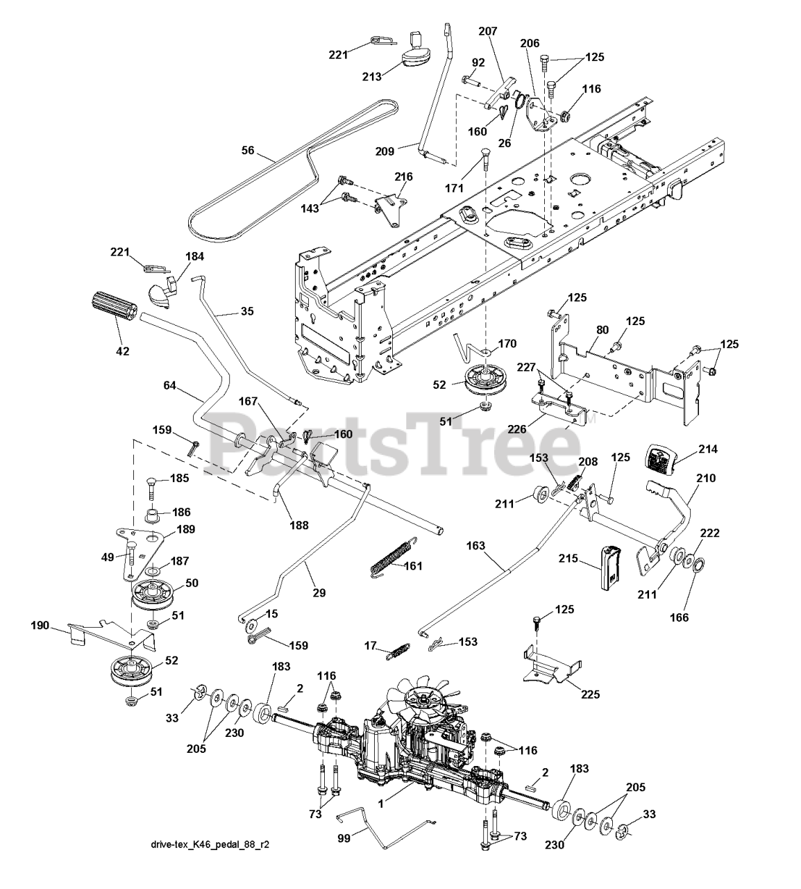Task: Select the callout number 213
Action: pyautogui.click(x=372, y=76)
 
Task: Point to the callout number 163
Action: pyautogui.click(x=475, y=546)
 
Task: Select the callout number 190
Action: pyautogui.click(x=40, y=626)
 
